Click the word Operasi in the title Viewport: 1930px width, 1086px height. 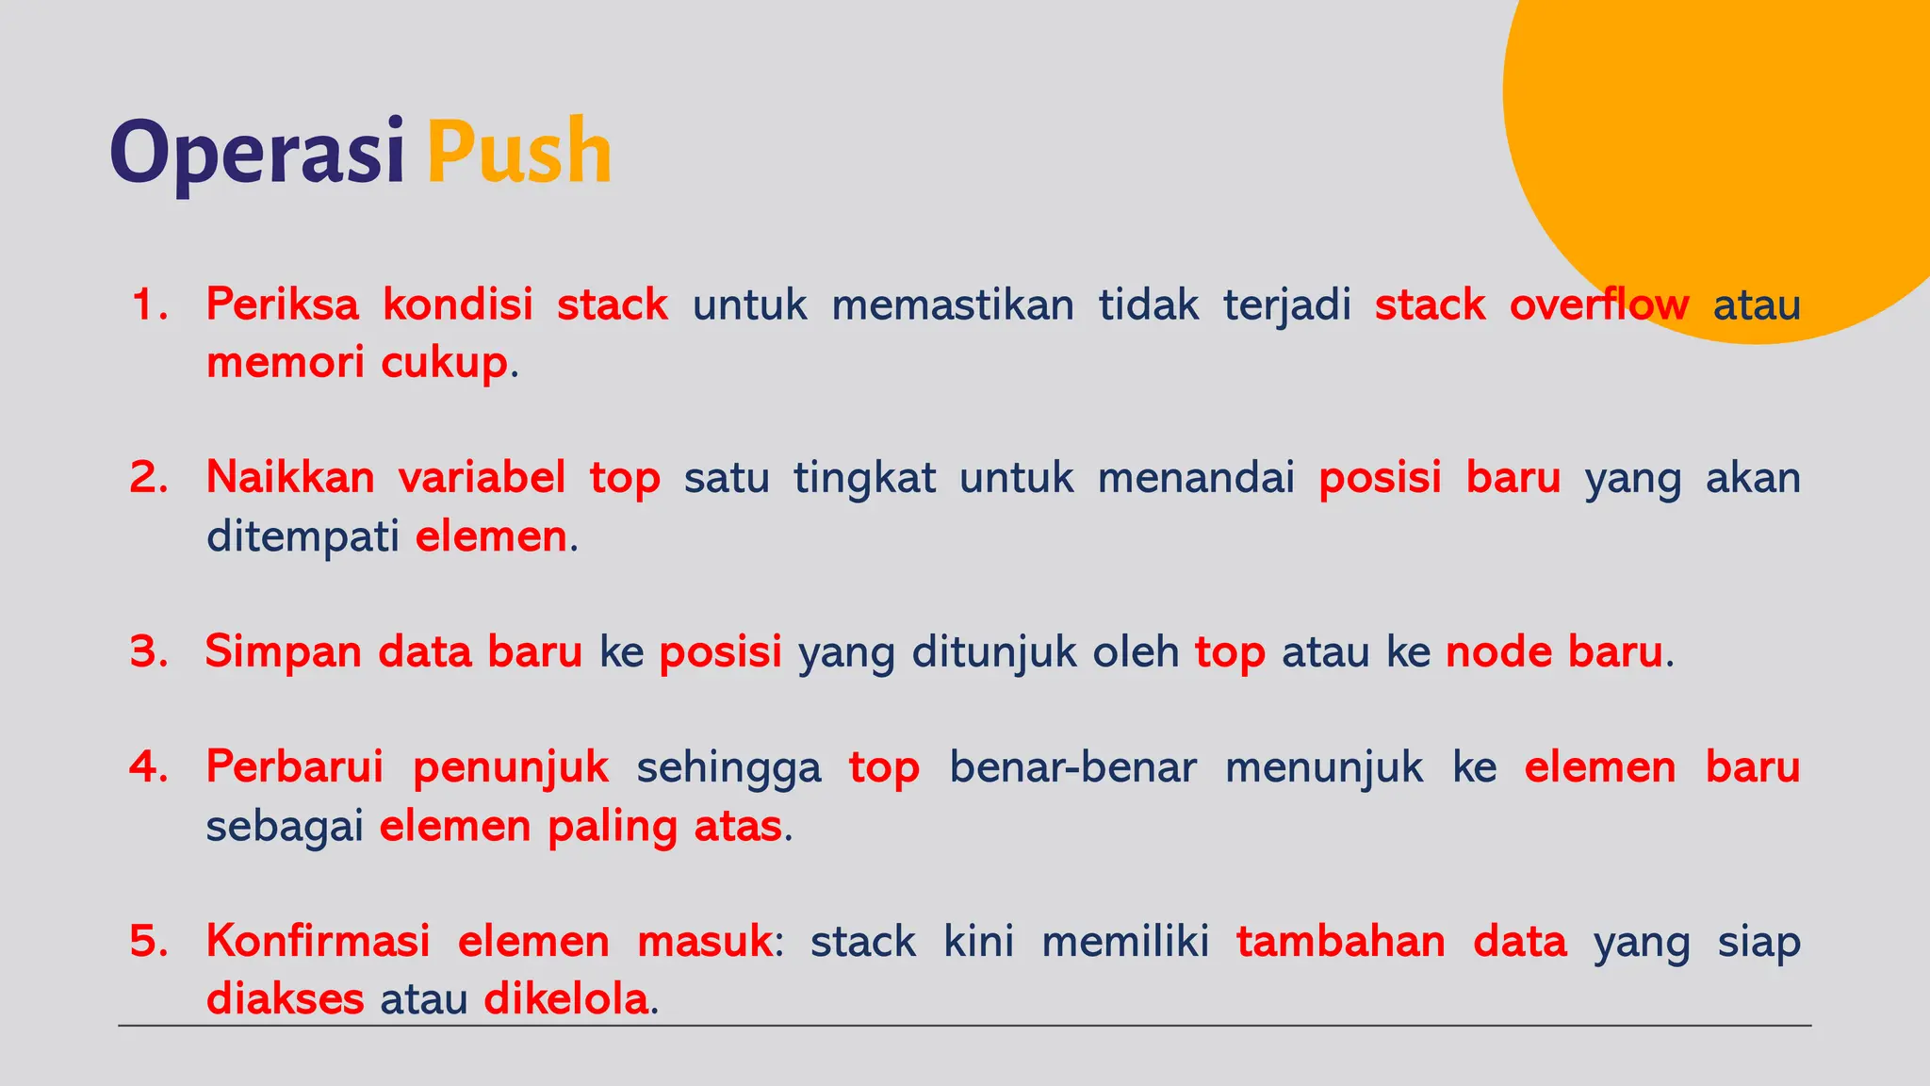256,153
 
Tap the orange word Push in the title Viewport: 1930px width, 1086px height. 519,153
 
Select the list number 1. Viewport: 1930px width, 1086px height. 149,305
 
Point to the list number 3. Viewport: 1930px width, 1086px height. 149,652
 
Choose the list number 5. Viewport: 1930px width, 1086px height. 149,941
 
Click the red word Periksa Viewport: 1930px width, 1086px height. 282,305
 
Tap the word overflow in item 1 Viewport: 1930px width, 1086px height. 1598,305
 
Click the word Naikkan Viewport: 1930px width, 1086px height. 290,478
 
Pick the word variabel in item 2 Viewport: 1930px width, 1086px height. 482,478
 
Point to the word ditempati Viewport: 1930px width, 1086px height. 303,537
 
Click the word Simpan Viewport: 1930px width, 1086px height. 283,652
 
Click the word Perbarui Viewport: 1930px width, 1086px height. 294,767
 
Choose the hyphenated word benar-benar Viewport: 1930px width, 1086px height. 1072,767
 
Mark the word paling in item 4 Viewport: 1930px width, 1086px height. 613,827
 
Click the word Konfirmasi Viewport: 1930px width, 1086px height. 318,941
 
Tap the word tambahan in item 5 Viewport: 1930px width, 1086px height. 1340,941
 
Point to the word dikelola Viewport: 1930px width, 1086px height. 565,999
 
